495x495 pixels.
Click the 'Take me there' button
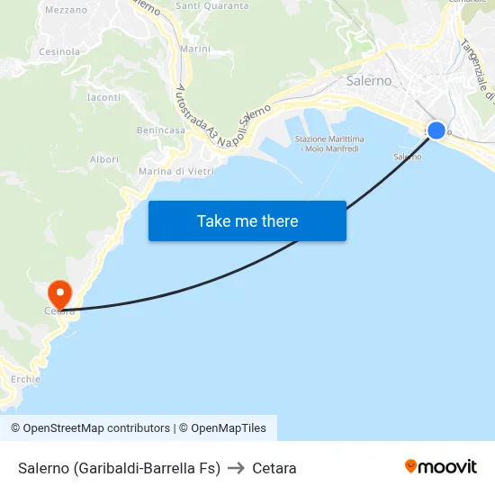click(247, 220)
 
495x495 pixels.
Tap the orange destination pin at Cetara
click(59, 294)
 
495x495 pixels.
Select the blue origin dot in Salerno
click(436, 130)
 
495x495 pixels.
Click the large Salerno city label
click(369, 80)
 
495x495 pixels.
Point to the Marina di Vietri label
click(175, 171)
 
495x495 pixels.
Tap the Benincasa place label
click(161, 130)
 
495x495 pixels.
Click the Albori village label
click(104, 159)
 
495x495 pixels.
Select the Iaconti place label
click(104, 97)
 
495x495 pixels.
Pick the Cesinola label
click(59, 52)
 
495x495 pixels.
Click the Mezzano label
click(66, 10)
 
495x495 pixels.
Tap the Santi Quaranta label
click(212, 5)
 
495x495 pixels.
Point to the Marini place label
click(195, 49)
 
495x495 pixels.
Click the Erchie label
click(26, 380)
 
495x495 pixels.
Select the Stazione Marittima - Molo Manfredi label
click(328, 144)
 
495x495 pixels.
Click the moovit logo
click(441, 467)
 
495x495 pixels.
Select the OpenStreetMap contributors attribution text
click(90, 428)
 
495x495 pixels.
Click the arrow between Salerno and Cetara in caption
click(236, 468)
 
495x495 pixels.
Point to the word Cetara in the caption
click(274, 468)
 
